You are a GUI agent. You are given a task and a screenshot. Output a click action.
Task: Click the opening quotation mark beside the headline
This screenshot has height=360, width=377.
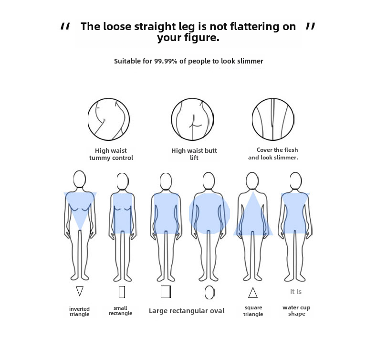pos(65,27)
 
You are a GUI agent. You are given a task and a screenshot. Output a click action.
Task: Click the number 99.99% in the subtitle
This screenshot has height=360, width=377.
pos(166,61)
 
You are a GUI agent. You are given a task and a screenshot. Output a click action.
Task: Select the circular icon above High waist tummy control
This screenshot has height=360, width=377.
pos(109,119)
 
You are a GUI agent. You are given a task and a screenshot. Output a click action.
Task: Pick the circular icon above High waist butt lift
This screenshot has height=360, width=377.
pos(192,119)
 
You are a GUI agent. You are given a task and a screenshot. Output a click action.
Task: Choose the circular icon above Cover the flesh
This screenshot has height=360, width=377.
pos(272,119)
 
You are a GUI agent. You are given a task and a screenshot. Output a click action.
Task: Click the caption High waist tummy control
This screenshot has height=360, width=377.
pos(111,154)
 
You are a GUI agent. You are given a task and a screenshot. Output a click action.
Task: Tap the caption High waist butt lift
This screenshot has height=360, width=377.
pos(194,154)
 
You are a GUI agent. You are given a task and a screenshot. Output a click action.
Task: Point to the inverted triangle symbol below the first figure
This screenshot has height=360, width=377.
pos(80,291)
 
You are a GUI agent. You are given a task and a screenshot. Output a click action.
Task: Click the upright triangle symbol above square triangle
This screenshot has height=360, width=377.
pos(253,292)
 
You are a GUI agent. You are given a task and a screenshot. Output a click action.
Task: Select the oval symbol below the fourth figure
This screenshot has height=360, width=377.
pos(209,292)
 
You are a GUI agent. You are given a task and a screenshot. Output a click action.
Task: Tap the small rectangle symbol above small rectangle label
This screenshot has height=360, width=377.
pos(122,291)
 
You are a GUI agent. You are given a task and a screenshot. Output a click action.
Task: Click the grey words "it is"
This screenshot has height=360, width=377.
pos(296,292)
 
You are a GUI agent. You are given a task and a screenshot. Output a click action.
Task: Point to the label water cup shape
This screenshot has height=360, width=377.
pos(296,311)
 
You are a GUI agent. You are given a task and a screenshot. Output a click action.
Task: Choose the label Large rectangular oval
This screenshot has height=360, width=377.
pos(187,311)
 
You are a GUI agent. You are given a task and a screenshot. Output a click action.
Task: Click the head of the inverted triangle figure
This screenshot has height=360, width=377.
pos(80,180)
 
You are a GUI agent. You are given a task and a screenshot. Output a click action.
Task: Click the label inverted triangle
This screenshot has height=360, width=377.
pos(79,311)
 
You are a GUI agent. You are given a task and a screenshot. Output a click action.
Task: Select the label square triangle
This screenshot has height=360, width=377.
pos(253,311)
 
